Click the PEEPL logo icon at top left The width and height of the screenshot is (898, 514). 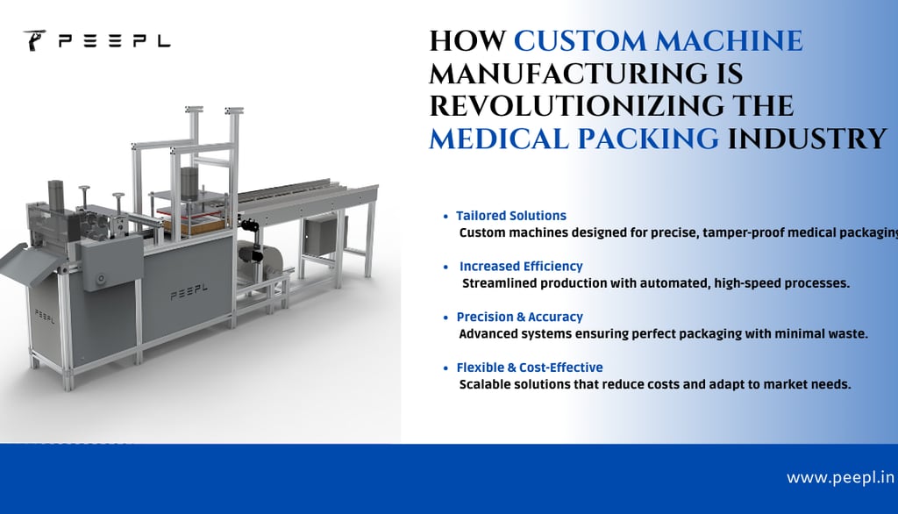pos(34,40)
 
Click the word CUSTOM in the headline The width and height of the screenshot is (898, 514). pos(581,41)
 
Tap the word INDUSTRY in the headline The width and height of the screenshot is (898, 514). pos(807,139)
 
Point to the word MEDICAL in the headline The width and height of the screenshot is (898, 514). pos(499,139)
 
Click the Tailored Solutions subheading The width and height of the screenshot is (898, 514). pos(511,216)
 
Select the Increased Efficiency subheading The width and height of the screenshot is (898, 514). pos(521,267)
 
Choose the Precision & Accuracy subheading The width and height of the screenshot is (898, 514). pos(519,317)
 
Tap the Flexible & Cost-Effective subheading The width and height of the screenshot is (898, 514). pos(530,368)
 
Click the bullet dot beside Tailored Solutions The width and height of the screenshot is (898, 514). pos(445,217)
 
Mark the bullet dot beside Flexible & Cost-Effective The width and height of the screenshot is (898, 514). pos(445,368)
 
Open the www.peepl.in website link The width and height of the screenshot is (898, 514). pos(840,477)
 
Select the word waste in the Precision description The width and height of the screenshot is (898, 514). pos(848,333)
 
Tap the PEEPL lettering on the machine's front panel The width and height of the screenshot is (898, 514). pos(189,292)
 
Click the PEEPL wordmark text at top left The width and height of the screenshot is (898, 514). pos(115,41)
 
